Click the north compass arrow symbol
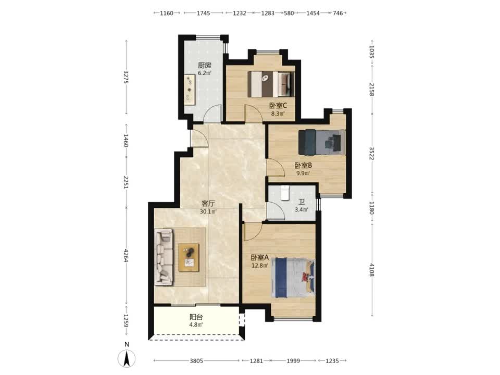pos(127,358)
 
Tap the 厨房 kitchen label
pos(204,66)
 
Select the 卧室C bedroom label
pos(278,105)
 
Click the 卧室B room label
pos(303,165)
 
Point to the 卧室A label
pos(260,257)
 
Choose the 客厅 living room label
pos(208,204)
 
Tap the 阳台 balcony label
pos(196,317)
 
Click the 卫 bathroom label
pos(302,202)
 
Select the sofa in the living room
pos(164,257)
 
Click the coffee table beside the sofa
pos(189,258)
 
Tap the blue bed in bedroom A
pos(293,278)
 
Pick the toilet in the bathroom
pos(285,193)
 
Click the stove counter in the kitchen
pos(190,89)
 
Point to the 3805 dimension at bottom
pos(196,360)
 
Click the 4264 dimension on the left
pos(126,255)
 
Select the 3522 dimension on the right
pos(372,153)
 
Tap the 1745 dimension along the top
pos(203,13)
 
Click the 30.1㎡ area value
pos(208,211)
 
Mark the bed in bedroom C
pos(270,84)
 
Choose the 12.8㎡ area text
pos(260,265)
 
